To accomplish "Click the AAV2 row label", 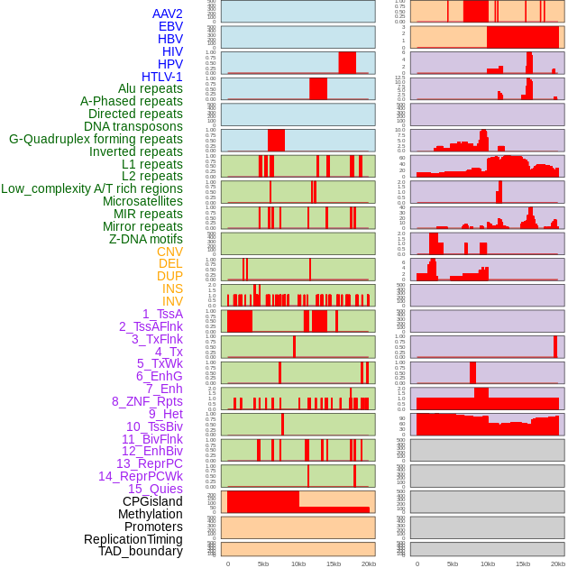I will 167,14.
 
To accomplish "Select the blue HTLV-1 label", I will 161,77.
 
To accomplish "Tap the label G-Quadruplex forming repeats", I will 96,139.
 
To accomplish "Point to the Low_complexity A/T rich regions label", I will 91,188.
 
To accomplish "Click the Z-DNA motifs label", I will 145,239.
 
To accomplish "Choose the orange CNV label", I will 169,252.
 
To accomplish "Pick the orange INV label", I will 172,301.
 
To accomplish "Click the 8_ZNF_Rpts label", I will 147,401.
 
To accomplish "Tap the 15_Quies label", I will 155,489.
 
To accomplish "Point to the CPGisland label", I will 152,501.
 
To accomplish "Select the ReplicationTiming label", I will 133,539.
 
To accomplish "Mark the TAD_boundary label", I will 140,551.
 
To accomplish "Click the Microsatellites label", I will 142,201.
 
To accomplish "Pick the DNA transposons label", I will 133,126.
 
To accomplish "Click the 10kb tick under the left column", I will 298,563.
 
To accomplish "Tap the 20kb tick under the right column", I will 558,563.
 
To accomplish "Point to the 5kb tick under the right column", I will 452,563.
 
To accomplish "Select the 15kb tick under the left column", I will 333,563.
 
